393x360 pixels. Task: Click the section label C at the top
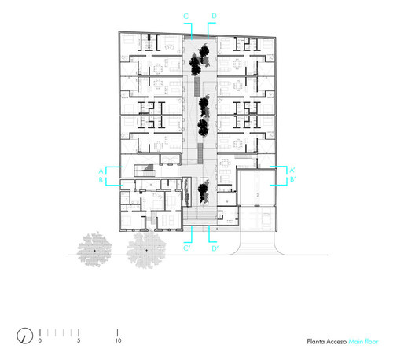coord(185,17)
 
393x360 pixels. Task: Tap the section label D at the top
coord(214,16)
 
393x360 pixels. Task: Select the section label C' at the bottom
coord(187,248)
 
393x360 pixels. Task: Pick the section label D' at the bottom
coord(215,248)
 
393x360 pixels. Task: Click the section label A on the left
coord(101,171)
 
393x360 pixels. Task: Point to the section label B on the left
coord(101,180)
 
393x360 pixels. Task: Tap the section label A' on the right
coord(292,170)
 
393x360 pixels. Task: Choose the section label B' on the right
coord(292,179)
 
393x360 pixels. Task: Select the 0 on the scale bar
coord(40,340)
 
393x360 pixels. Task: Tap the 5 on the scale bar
coord(79,340)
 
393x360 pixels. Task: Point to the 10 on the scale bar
coord(118,340)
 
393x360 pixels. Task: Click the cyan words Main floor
coord(363,342)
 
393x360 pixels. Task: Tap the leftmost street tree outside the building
coord(94,249)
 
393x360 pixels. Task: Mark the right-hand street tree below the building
coord(146,250)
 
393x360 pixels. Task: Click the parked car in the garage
coord(266,219)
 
